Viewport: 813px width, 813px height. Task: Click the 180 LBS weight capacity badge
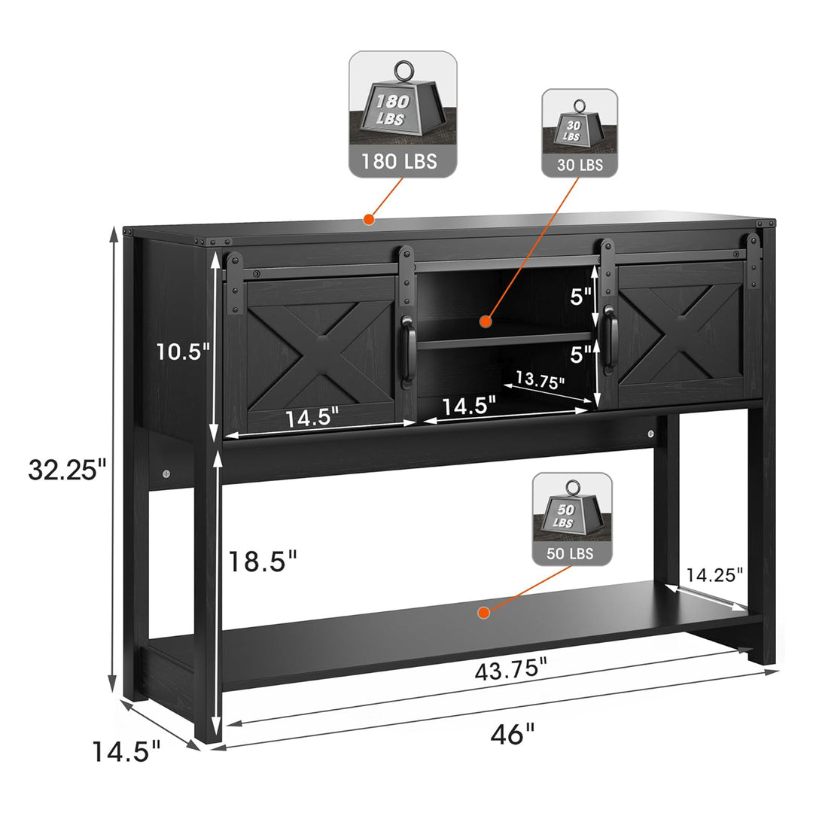[403, 114]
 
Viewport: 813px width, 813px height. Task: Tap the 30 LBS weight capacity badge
[580, 132]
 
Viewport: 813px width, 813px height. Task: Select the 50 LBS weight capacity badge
[572, 519]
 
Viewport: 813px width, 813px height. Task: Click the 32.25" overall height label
[67, 470]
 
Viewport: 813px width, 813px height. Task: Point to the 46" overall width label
[513, 734]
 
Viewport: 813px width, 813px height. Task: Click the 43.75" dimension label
[510, 669]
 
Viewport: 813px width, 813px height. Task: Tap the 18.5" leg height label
[263, 561]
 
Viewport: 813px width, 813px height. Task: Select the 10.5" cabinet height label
[183, 352]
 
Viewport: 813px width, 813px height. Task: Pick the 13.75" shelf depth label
[540, 380]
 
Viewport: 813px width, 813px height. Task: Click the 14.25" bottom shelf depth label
[714, 574]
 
